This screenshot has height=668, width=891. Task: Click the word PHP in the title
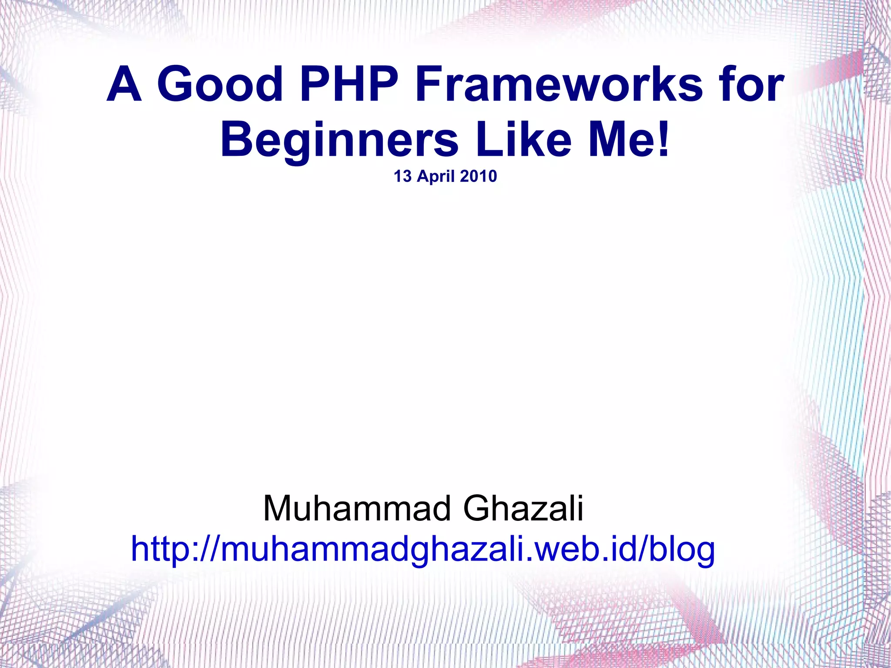[348, 84]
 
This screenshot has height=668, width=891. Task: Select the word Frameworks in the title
[558, 84]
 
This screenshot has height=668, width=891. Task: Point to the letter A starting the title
[124, 84]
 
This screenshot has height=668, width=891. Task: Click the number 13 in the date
[402, 176]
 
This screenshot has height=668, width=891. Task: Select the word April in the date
[436, 177]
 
